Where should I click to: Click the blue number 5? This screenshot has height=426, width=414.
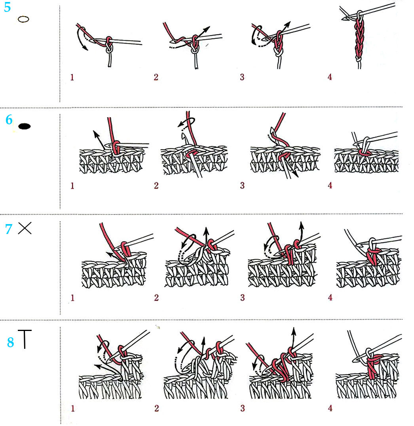[8, 7]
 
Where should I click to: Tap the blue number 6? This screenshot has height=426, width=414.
[9, 120]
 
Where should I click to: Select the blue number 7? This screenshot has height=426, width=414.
[9, 229]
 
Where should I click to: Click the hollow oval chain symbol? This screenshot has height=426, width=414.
[23, 19]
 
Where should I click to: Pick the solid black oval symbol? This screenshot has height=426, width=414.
[25, 126]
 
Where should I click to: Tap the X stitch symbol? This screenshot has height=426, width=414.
[25, 228]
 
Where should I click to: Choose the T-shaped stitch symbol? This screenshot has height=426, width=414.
[25, 339]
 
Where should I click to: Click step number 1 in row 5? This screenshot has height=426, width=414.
[72, 78]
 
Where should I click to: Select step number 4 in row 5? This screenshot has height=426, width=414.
[330, 77]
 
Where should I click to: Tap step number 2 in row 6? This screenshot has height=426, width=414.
[156, 186]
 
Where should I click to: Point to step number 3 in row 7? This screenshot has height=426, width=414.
[243, 298]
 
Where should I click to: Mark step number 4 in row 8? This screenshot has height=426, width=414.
[330, 408]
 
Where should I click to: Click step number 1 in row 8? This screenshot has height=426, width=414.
[72, 408]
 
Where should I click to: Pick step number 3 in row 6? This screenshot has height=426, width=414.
[242, 186]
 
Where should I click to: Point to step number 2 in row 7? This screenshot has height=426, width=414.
[156, 298]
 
